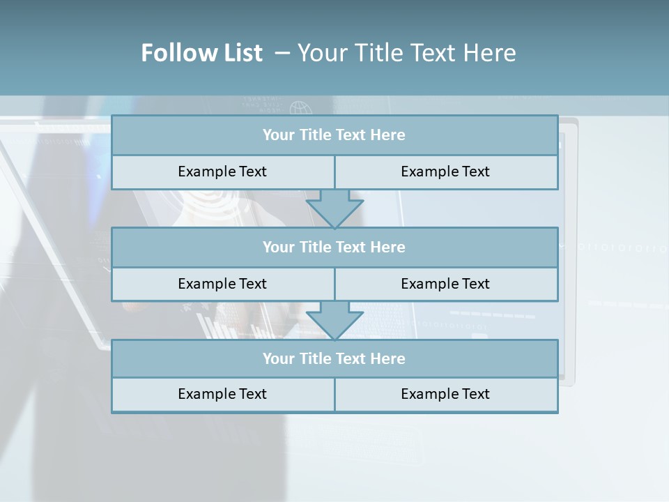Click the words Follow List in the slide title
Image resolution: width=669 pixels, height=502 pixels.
(x=201, y=53)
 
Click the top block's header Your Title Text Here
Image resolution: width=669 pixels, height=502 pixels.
(x=334, y=135)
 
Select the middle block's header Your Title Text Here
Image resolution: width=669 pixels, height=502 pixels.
(x=334, y=247)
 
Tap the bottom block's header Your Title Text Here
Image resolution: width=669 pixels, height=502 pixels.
(x=334, y=358)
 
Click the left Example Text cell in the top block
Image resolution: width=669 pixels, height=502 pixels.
(x=222, y=172)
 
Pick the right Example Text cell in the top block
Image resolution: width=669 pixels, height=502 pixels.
(x=445, y=172)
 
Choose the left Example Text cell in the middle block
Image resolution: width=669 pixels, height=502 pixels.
(x=222, y=284)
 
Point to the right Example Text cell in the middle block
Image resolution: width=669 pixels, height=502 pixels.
(x=445, y=284)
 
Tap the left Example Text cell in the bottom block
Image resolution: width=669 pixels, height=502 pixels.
(x=222, y=394)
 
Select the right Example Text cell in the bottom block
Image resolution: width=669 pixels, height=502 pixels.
(x=445, y=394)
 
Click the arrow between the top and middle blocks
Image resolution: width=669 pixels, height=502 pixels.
(x=334, y=208)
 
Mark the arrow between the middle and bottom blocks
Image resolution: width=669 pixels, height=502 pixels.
(x=334, y=320)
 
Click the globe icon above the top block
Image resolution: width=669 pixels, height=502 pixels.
(x=300, y=109)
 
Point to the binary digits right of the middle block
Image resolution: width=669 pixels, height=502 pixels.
(x=620, y=247)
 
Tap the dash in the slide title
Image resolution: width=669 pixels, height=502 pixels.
(x=282, y=53)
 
